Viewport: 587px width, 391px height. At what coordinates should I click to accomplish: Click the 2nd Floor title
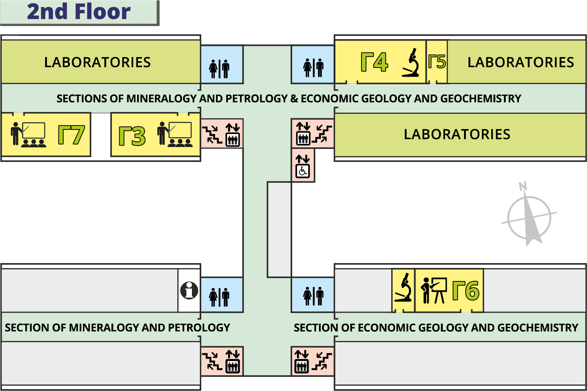point(79,12)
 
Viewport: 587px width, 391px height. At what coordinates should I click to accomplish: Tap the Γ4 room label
point(374,62)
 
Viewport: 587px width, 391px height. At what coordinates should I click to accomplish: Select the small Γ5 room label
point(437,62)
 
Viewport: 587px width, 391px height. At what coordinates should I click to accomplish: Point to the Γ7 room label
point(71,135)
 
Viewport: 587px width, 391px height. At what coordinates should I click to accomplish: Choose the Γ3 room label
point(132,136)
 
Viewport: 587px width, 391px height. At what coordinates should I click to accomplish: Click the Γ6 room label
point(466,290)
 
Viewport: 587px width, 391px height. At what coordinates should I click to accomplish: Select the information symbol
point(189,291)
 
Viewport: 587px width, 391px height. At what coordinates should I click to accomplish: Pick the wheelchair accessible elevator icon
point(303,166)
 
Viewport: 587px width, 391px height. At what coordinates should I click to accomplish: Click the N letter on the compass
point(523,186)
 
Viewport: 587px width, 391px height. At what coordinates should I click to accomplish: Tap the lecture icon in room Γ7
point(28,134)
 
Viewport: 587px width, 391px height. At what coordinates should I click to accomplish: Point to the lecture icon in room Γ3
point(175,134)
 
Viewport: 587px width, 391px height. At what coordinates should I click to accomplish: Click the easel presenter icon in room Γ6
point(434,291)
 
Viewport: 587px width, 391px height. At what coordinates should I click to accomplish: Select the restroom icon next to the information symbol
point(219,297)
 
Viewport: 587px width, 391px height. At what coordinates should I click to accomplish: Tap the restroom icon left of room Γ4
point(313,68)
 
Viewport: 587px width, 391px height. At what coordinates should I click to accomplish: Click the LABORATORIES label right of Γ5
point(521,62)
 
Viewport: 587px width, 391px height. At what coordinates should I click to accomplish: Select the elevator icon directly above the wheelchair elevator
point(303,134)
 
